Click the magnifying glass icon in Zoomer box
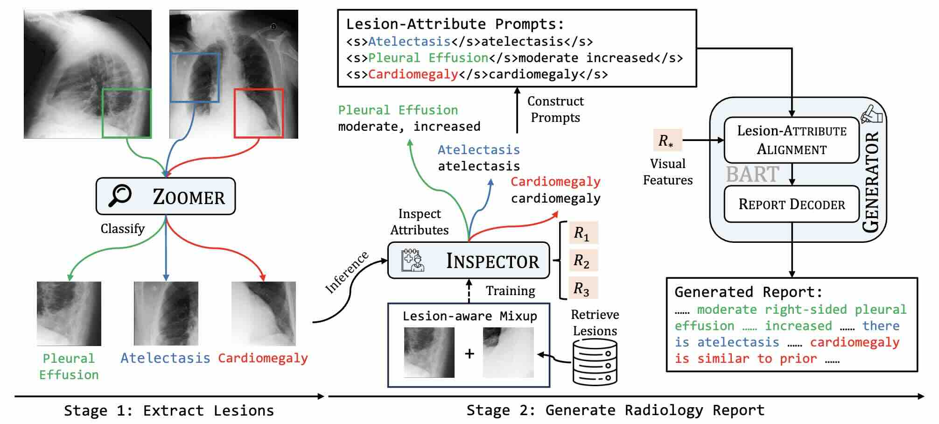click(x=119, y=195)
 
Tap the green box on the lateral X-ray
click(x=126, y=113)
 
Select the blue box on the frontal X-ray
click(x=195, y=78)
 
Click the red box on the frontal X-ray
click(x=259, y=113)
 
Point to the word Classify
click(x=123, y=229)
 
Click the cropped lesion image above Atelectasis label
click(x=166, y=313)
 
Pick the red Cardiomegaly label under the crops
click(x=263, y=358)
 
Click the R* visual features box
click(x=667, y=140)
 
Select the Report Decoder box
click(x=792, y=204)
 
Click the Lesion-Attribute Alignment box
click(x=792, y=140)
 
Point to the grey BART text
click(x=752, y=175)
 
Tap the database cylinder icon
click(x=595, y=362)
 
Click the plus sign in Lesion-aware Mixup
click(x=469, y=353)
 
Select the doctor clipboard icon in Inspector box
click(x=413, y=260)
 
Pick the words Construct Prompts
click(x=555, y=109)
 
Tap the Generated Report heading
click(x=748, y=292)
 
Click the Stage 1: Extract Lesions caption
click(x=169, y=410)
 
